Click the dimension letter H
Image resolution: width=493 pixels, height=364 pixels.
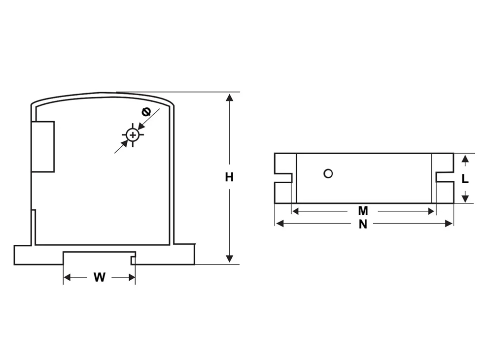[x=229, y=177]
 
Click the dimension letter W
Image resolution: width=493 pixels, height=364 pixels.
[x=100, y=277]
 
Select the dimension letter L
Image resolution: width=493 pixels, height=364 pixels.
[x=464, y=179]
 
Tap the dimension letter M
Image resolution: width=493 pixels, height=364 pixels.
[x=363, y=211]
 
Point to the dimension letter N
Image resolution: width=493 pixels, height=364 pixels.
[x=363, y=224]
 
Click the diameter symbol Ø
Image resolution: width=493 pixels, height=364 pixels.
[x=146, y=112]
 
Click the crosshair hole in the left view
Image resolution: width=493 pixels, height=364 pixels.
[x=132, y=134]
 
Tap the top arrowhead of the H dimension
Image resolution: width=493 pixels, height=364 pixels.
[x=229, y=97]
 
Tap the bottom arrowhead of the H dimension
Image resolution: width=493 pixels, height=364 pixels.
[x=229, y=259]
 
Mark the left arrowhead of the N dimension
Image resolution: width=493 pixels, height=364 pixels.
[x=280, y=224]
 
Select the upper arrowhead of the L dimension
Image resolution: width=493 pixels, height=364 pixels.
[x=464, y=158]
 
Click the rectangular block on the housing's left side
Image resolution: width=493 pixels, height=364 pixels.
[x=43, y=146]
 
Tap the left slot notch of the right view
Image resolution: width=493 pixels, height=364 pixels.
[x=283, y=177]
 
